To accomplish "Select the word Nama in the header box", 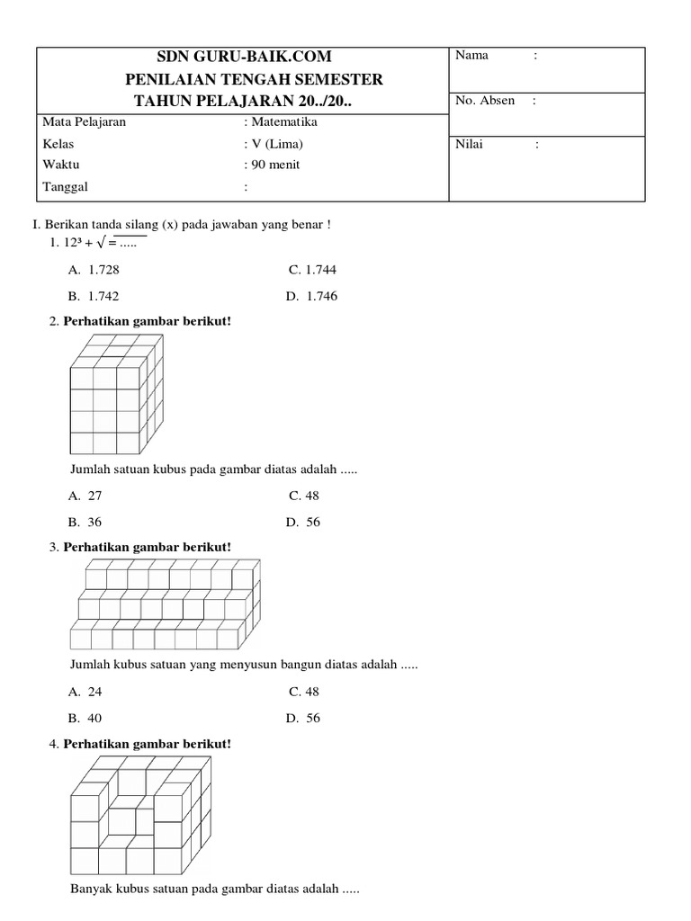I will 471,56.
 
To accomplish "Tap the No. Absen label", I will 485,101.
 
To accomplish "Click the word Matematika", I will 283,122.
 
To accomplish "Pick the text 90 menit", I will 275,165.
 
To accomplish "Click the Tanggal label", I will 66,187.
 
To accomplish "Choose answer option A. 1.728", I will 94,270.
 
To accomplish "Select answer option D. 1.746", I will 312,296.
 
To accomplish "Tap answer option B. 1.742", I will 94,296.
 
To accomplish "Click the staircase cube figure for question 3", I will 166,604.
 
